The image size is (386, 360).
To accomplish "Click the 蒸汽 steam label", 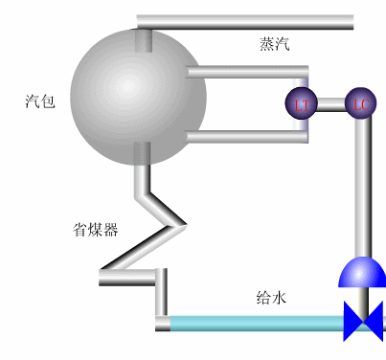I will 274,44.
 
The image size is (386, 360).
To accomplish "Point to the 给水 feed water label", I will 271,297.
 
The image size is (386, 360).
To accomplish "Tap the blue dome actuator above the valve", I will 361,274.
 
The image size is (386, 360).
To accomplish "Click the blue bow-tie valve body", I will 363,321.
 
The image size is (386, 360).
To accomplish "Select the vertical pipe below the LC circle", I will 362,187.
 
